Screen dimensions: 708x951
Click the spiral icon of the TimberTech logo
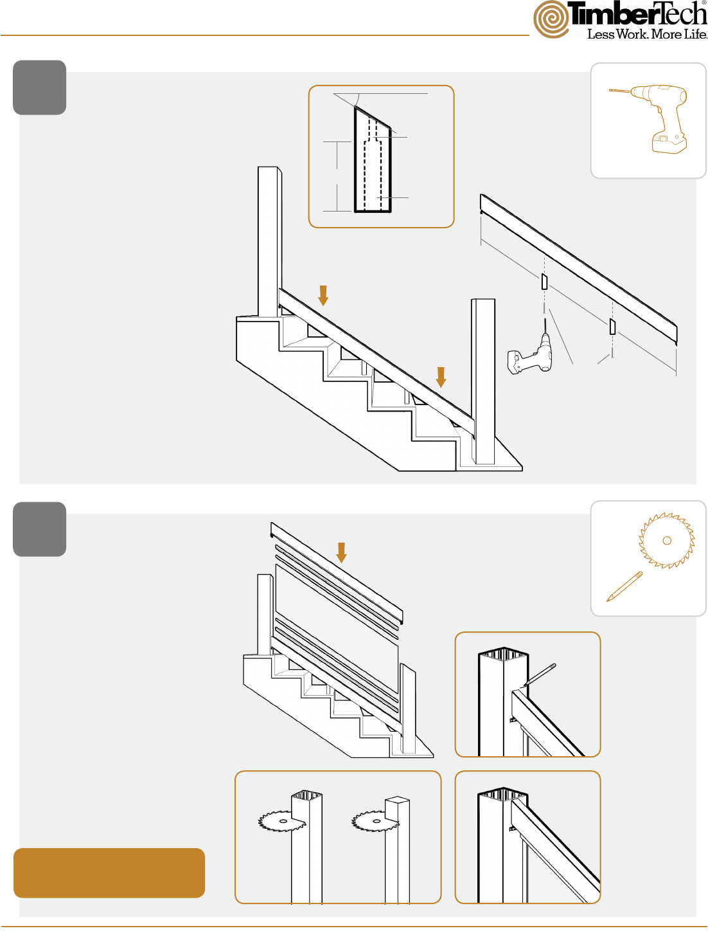(552, 19)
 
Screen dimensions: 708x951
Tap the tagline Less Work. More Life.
(647, 34)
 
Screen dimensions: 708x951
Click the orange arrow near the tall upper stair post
(323, 295)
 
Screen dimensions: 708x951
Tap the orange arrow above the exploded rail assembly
(341, 553)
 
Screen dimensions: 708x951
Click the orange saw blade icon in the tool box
(666, 541)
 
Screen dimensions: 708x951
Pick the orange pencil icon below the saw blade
(624, 586)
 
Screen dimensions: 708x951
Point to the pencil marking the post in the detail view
(539, 675)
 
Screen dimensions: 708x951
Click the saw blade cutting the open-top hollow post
(281, 821)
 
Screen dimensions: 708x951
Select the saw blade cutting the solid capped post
(375, 821)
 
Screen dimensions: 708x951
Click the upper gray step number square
(39, 87)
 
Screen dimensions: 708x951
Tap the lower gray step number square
(39, 529)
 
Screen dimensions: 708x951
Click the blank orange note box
(109, 873)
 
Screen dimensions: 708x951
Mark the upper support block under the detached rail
(544, 281)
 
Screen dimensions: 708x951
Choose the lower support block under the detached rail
(613, 326)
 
